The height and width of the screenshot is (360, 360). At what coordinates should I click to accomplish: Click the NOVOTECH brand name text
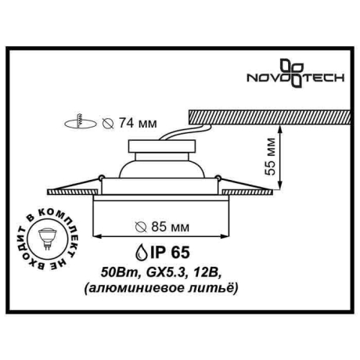pyautogui.click(x=301, y=78)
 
